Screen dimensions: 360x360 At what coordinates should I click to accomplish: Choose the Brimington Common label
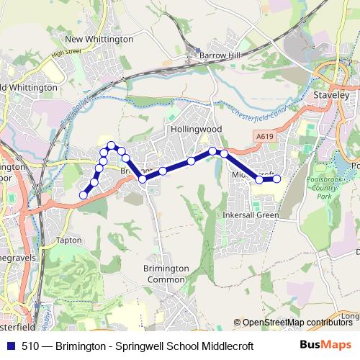coord(166,274)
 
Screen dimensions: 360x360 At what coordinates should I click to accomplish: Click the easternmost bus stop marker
coord(276,179)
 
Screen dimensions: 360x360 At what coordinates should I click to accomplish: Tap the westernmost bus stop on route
coord(84,195)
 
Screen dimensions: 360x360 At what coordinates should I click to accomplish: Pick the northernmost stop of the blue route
coord(111,146)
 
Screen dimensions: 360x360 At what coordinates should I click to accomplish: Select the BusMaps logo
coord(326,346)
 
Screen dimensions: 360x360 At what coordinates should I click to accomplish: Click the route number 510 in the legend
coord(30,346)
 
